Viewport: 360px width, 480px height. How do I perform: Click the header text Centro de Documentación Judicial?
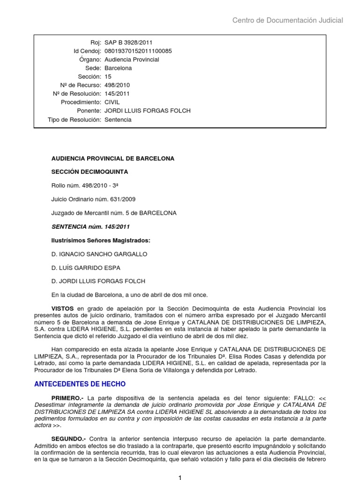(x=288, y=20)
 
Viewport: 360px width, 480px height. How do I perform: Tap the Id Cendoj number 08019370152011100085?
(x=135, y=51)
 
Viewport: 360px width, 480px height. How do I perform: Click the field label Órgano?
(x=90, y=60)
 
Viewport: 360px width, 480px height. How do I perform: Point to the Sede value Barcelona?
(x=118, y=68)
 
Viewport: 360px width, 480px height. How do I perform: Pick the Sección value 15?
(x=108, y=76)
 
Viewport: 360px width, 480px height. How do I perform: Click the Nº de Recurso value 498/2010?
(x=117, y=85)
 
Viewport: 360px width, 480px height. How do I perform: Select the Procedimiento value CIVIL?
(x=113, y=102)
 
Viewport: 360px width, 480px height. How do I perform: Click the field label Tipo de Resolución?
(x=75, y=120)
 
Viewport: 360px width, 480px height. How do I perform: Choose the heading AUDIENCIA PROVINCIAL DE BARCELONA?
(x=112, y=158)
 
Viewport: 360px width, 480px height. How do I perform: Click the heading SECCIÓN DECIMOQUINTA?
(x=89, y=172)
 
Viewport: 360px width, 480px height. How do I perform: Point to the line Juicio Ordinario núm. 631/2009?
(x=93, y=199)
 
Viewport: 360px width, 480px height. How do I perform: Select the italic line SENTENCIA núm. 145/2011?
(x=90, y=227)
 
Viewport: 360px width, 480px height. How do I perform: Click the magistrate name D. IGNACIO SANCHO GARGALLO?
(x=99, y=254)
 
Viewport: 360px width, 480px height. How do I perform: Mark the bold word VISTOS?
(x=62, y=309)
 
